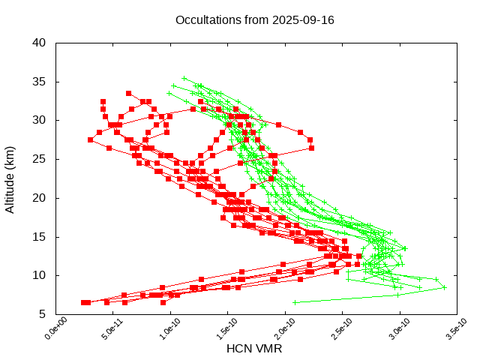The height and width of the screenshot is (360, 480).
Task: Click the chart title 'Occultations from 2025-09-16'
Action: [254, 19]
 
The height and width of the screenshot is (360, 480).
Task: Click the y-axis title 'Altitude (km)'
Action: [10, 178]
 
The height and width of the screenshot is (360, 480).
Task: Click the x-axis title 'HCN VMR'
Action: [254, 349]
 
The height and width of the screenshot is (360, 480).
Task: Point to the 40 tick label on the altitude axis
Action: [40, 43]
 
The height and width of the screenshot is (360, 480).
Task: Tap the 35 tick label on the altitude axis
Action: [40, 81]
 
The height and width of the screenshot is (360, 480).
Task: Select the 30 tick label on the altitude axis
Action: [40, 120]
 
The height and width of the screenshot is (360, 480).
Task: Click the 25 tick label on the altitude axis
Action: [40, 159]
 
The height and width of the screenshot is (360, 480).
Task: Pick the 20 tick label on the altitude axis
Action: [40, 198]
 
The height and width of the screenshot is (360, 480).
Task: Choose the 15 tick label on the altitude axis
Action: [40, 237]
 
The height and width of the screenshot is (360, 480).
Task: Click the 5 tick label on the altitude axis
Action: [43, 314]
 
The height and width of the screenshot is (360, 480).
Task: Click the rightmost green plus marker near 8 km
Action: [444, 287]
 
